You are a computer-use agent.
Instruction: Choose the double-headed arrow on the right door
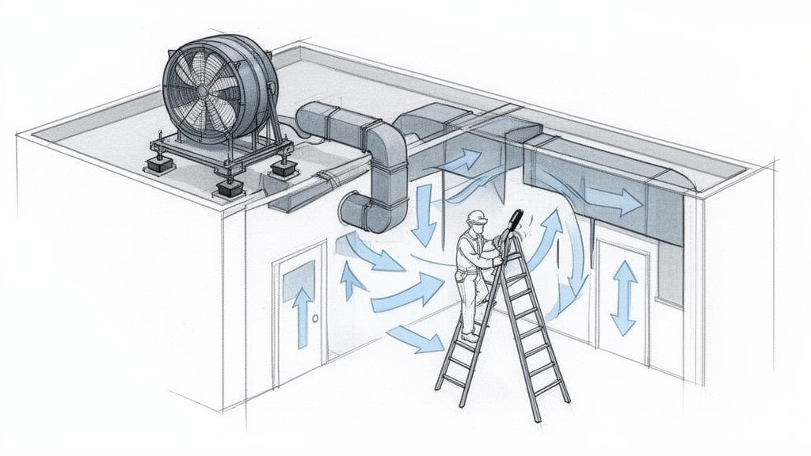625,297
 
